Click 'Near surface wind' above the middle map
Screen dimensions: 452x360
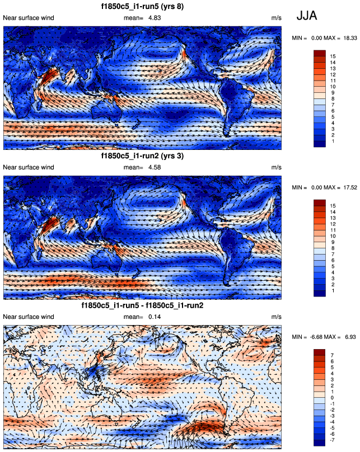pyautogui.click(x=29, y=167)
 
